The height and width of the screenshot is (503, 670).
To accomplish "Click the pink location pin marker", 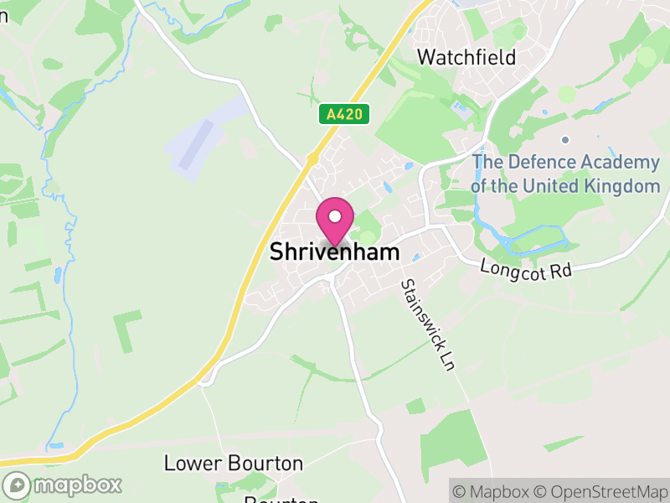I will click(334, 221).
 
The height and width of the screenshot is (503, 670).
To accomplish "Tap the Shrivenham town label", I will click(334, 252).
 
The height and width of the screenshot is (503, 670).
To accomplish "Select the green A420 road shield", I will click(344, 115).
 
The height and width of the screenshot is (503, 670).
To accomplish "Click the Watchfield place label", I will click(466, 57).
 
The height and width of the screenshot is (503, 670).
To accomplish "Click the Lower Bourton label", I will click(233, 463).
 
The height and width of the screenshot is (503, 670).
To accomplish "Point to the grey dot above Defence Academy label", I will click(565, 139).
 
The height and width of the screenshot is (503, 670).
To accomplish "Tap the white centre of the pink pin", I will click(334, 216).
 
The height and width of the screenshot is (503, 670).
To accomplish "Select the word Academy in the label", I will click(619, 162).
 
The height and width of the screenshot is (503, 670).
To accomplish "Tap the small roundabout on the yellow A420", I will click(312, 158).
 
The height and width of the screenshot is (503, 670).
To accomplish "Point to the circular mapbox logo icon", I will click(17, 485).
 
